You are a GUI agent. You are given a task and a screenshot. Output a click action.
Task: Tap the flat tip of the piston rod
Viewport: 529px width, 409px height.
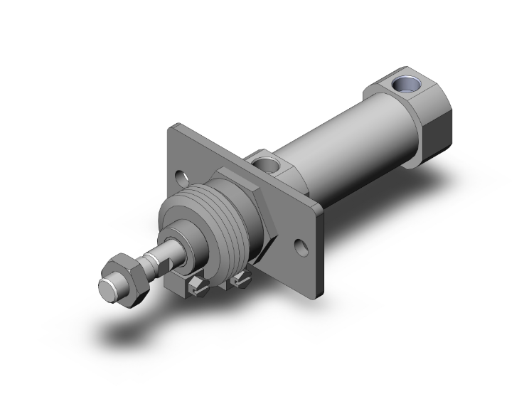(108, 289)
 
